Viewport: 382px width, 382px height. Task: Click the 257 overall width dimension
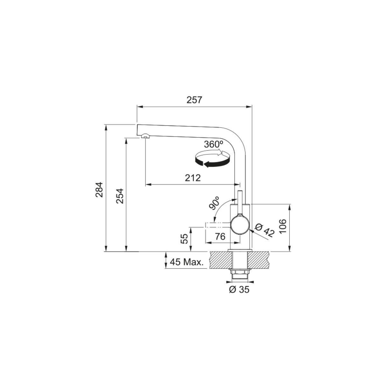point(194,100)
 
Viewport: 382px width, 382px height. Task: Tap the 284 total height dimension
point(100,189)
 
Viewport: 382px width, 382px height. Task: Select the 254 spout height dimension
point(119,196)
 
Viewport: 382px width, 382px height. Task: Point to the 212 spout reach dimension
point(193,178)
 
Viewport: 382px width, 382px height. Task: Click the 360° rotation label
point(214,144)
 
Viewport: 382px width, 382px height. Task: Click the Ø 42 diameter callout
point(265,230)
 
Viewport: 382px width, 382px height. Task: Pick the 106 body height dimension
point(283,226)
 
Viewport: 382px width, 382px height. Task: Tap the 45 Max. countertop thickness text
point(186,262)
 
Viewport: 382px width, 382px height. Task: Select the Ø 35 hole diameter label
point(239,290)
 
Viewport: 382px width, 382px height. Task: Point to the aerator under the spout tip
point(145,137)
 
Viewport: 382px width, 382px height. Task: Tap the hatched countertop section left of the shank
point(220,260)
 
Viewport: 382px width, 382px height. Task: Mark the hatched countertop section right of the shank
point(259,260)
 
